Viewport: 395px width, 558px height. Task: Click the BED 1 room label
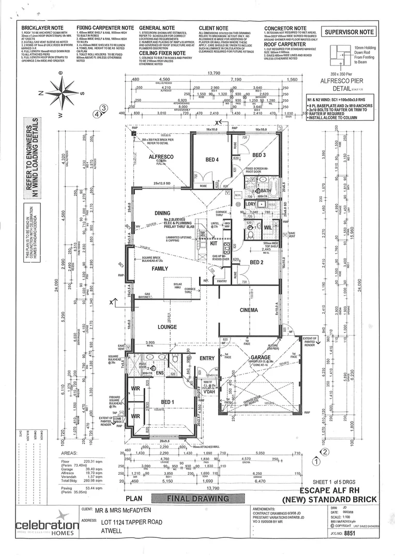pyautogui.click(x=167, y=402)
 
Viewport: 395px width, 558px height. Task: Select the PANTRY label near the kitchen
pyautogui.click(x=222, y=281)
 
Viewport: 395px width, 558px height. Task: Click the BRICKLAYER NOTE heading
pyautogui.click(x=41, y=28)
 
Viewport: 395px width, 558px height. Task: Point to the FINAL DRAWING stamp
pyautogui.click(x=197, y=499)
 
